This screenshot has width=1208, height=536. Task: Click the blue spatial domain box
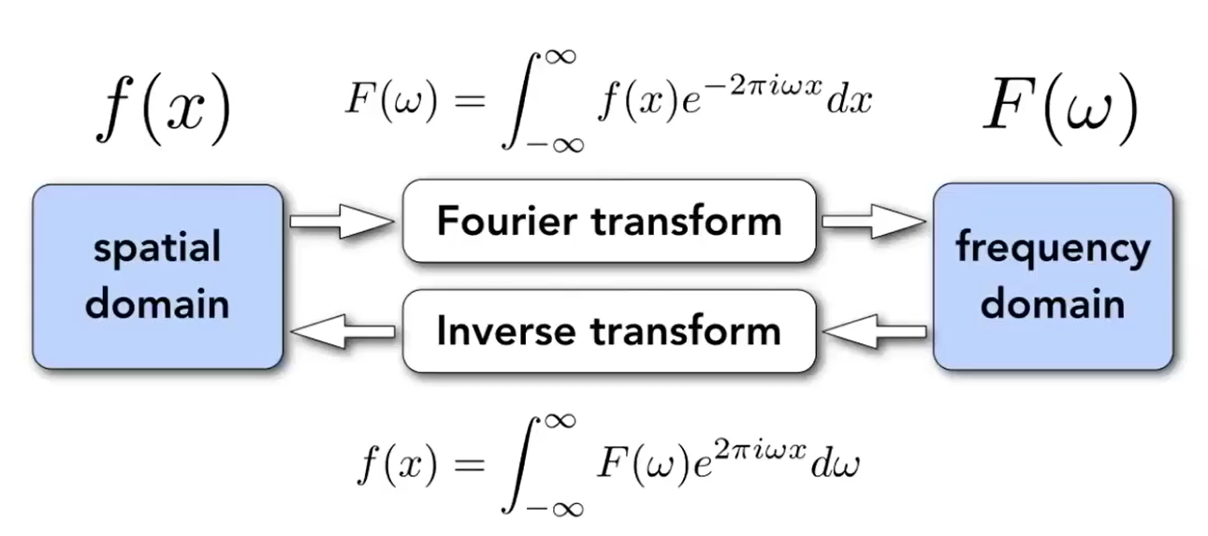click(x=157, y=275)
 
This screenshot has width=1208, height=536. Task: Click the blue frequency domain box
click(x=1052, y=275)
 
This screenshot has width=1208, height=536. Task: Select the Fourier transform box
click(x=609, y=221)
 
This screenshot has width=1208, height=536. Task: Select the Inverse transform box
click(x=609, y=330)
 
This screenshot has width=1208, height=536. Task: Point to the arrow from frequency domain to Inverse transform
click(x=874, y=330)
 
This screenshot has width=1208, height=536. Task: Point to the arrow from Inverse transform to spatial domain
click(x=342, y=330)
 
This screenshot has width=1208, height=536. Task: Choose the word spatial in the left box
click(x=157, y=250)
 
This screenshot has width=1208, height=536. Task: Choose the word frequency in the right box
click(x=1052, y=250)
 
